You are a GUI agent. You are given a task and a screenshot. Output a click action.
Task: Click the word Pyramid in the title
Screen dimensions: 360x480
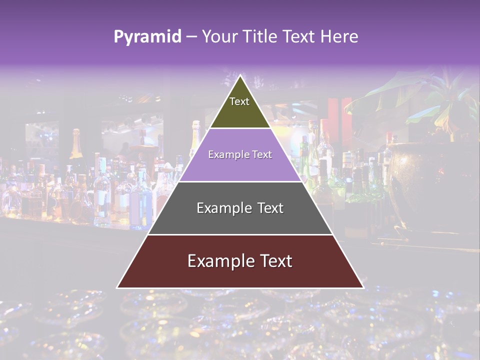(147, 37)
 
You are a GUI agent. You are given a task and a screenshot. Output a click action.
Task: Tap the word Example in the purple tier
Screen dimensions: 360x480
(226, 154)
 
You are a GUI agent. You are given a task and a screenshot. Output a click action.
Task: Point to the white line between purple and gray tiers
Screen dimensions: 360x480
(240, 181)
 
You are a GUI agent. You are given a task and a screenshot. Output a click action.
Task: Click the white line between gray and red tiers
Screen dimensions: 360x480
(240, 234)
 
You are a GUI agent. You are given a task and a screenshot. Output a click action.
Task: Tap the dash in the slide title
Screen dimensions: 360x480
(191, 37)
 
